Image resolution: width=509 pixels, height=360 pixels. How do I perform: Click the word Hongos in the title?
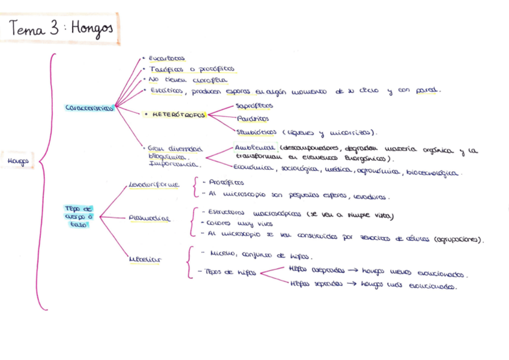click(92, 29)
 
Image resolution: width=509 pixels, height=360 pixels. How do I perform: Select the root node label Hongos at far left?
click(19, 161)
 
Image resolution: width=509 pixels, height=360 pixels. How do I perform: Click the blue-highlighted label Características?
click(89, 108)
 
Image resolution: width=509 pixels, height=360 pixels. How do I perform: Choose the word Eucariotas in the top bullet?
click(167, 59)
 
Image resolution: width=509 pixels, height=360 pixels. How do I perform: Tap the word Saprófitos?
click(254, 106)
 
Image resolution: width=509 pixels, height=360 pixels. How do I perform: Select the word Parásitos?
click(253, 119)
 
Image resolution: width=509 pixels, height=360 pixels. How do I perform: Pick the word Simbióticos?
click(257, 132)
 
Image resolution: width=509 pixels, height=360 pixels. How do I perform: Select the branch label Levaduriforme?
click(154, 185)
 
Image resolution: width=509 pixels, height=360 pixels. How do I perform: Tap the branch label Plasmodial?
click(149, 219)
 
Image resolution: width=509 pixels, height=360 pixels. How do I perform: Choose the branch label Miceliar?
click(145, 260)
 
